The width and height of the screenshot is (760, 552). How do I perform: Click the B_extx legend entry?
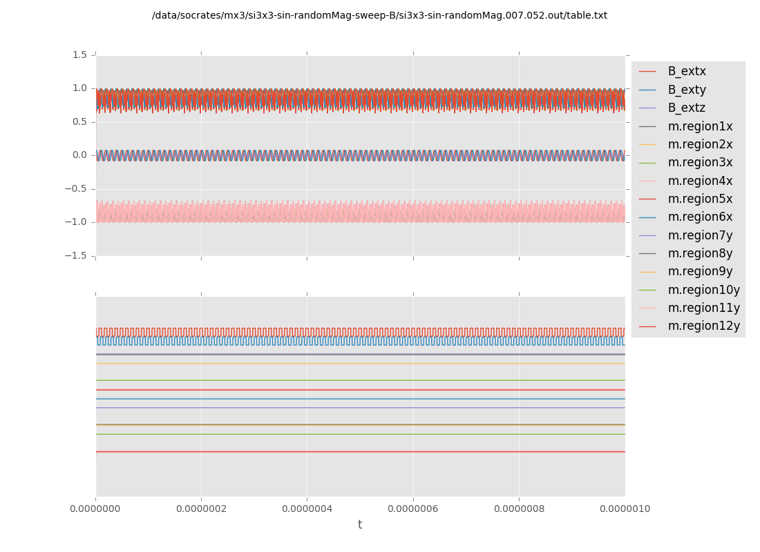point(687,72)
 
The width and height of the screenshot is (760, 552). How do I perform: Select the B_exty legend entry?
point(687,90)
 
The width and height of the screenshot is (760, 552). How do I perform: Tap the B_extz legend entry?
point(687,108)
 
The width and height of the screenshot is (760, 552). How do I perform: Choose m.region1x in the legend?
point(700,126)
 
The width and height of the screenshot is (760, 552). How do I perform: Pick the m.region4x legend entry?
point(700,181)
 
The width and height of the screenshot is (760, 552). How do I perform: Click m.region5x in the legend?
point(700,199)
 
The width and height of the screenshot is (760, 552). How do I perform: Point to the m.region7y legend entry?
point(700,235)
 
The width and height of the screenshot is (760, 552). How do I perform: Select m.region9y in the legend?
point(700,272)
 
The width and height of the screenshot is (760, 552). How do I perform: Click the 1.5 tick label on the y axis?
point(79,55)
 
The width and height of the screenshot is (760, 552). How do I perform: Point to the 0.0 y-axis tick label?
point(79,155)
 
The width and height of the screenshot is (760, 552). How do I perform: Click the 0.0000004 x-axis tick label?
point(307,509)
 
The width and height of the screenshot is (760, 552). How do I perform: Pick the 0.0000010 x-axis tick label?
point(625,509)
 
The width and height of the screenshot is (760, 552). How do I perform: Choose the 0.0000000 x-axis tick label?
point(95,509)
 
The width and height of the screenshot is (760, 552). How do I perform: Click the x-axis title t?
point(360,525)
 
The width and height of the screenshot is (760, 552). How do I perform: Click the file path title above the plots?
point(379,16)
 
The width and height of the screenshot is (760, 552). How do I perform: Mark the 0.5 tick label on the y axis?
point(79,121)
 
